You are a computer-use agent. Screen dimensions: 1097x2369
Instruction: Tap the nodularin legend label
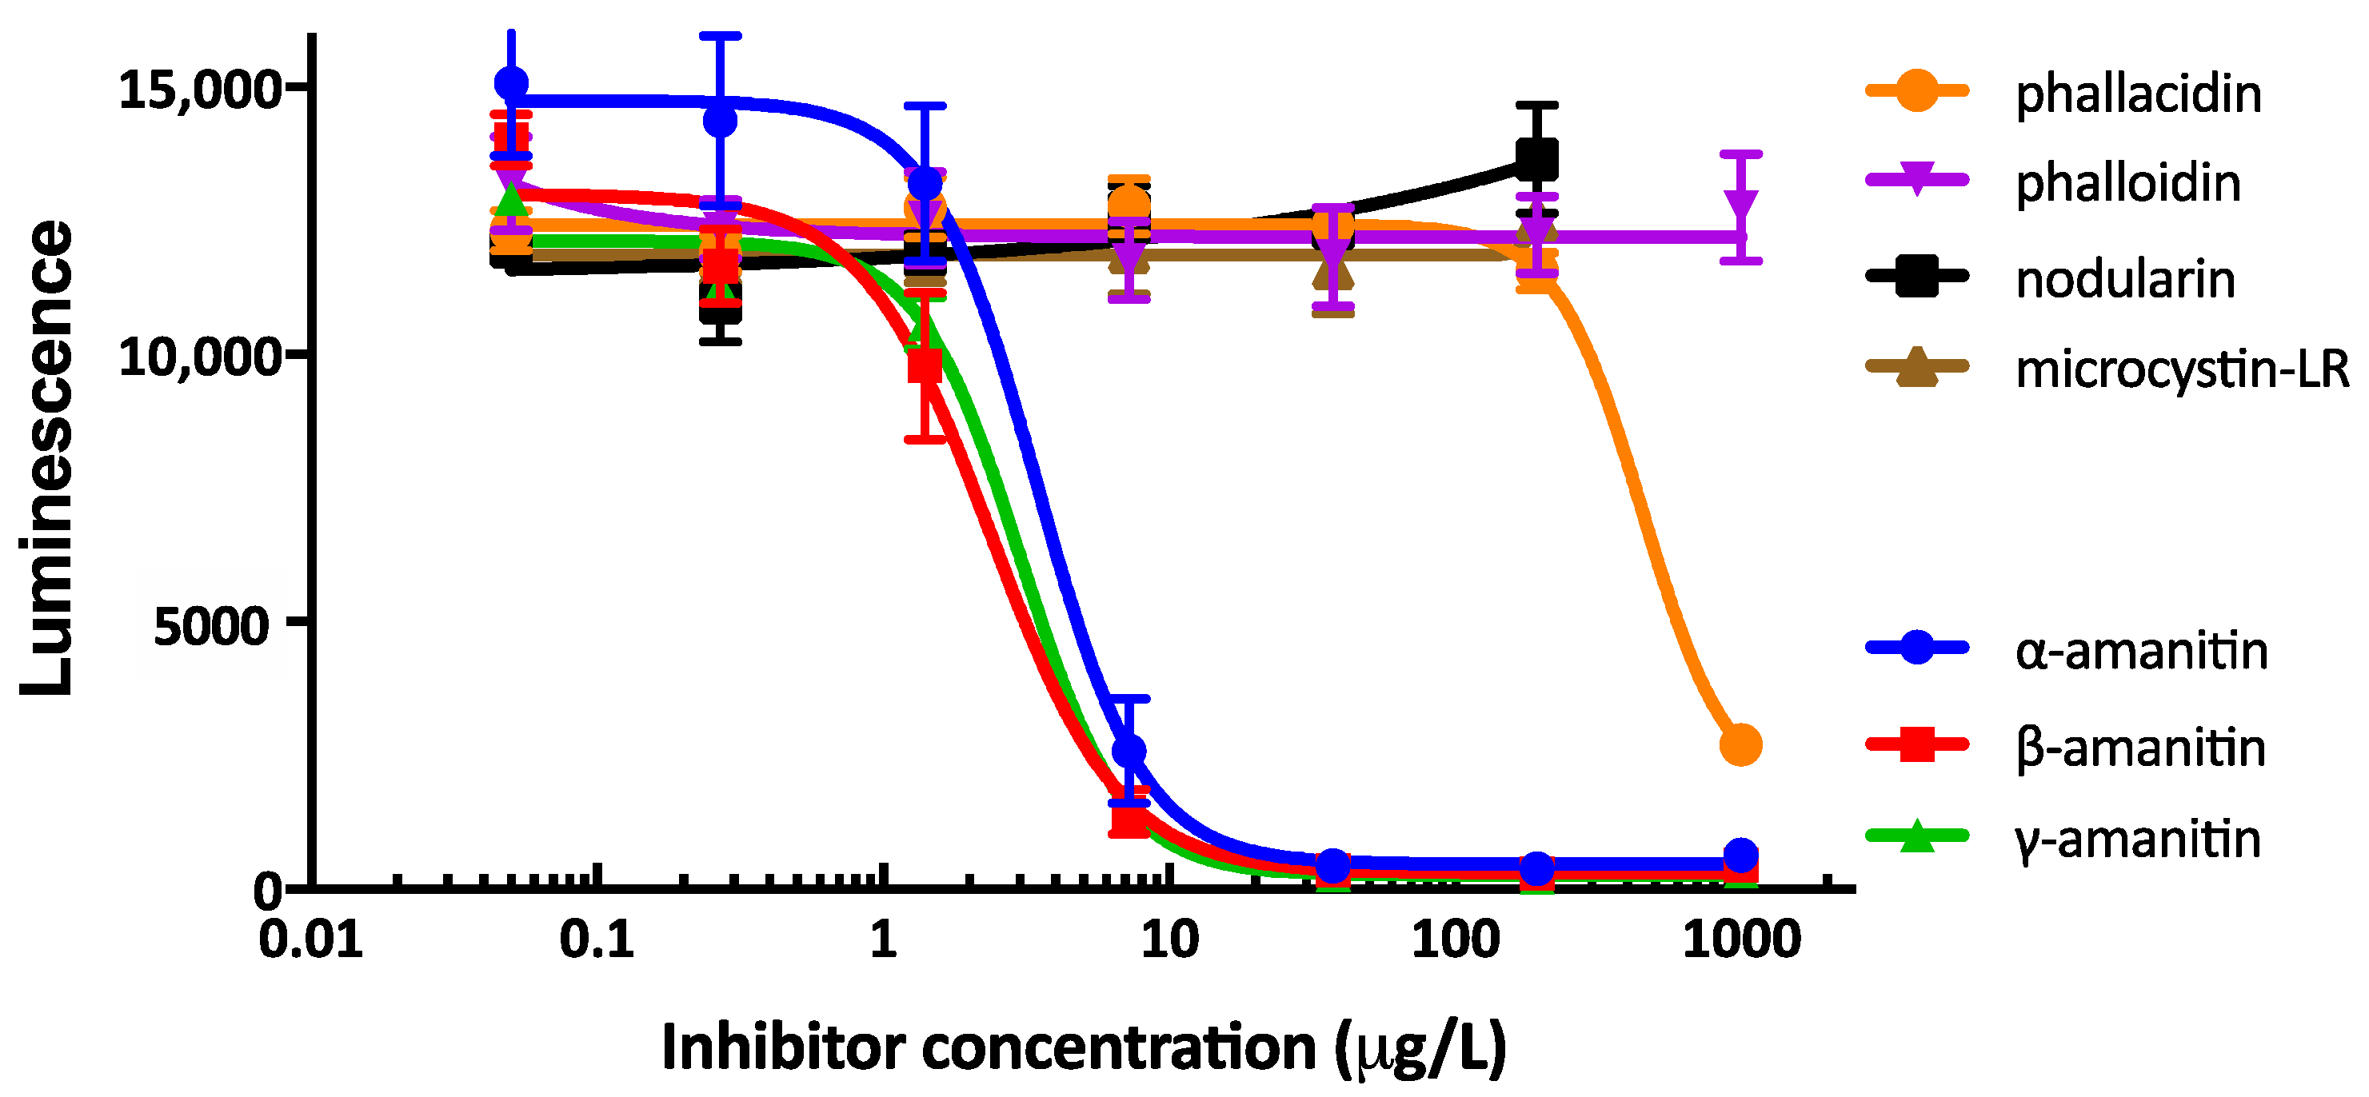[x=2123, y=280]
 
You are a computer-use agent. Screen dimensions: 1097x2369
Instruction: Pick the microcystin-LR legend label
[x=2180, y=369]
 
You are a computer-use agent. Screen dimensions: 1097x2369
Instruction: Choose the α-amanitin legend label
[x=2140, y=651]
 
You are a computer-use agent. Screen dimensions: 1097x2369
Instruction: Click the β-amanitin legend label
[x=2139, y=748]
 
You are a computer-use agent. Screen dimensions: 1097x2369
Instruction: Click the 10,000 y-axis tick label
[x=198, y=357]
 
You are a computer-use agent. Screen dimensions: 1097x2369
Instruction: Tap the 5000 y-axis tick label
[x=210, y=626]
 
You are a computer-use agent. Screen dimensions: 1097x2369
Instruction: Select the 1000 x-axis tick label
[x=1741, y=939]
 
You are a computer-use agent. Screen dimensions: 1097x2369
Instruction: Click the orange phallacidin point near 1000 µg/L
[x=1740, y=745]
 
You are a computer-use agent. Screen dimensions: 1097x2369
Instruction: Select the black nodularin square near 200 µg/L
[x=1536, y=160]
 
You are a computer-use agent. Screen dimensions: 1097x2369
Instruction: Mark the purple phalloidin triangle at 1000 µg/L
[x=1741, y=208]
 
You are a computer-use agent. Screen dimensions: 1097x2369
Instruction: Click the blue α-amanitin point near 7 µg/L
[x=1129, y=750]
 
